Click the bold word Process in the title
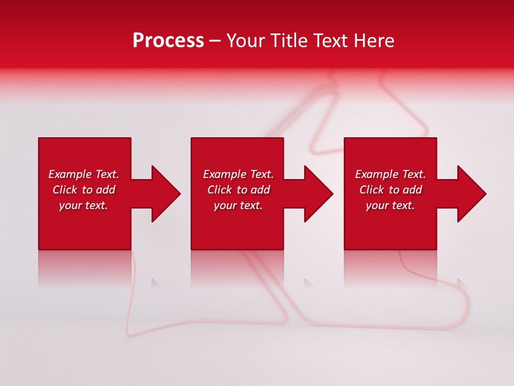pyautogui.click(x=168, y=40)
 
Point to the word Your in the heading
pyautogui.click(x=246, y=40)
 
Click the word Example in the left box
pyautogui.click(x=70, y=174)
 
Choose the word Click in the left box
pyautogui.click(x=65, y=190)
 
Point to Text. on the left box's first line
pyautogui.click(x=107, y=174)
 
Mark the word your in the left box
pyautogui.click(x=70, y=205)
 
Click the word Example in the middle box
pyautogui.click(x=225, y=174)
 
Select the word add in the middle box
pyautogui.click(x=260, y=190)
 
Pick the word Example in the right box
pyautogui.click(x=377, y=174)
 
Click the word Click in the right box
pyautogui.click(x=372, y=190)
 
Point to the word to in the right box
pyautogui.click(x=394, y=190)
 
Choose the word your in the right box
pyautogui.click(x=377, y=205)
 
